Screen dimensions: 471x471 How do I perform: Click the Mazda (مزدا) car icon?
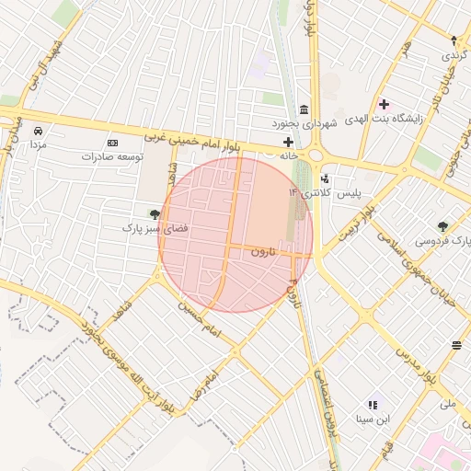pyautogui.click(x=38, y=130)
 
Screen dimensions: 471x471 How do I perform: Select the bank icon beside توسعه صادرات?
pyautogui.click(x=112, y=144)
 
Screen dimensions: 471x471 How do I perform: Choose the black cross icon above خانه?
pyautogui.click(x=289, y=142)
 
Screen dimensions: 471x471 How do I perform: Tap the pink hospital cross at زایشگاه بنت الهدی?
pyautogui.click(x=384, y=104)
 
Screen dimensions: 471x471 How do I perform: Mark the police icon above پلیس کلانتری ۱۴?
pyautogui.click(x=325, y=179)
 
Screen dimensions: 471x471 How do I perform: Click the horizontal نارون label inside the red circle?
pyautogui.click(x=262, y=251)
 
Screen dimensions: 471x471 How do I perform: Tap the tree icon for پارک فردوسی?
pyautogui.click(x=444, y=225)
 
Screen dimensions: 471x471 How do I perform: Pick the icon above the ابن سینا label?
pyautogui.click(x=373, y=405)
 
